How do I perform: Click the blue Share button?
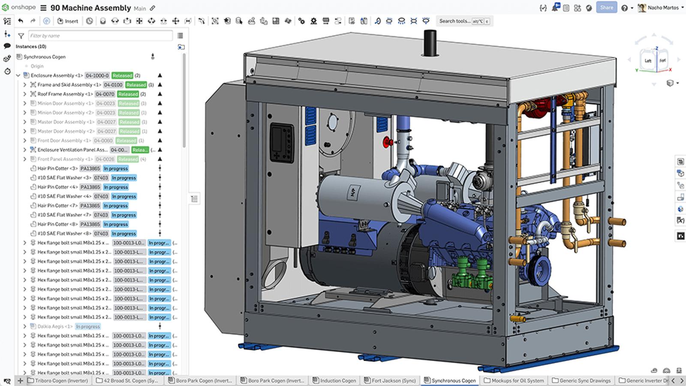coord(606,7)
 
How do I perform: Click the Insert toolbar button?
coord(68,21)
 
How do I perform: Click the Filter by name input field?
coord(100,36)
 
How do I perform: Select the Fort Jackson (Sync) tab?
coord(390,380)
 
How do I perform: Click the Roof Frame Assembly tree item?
coord(64,94)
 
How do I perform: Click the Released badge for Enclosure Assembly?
coord(122,76)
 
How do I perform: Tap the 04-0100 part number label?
coord(113,85)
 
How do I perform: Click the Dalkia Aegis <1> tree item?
coord(55,326)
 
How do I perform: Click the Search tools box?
coord(454,21)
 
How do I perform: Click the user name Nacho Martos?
coord(663,8)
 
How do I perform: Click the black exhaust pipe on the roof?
coord(430,43)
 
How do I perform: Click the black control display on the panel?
coord(282,143)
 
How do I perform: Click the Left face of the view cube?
coord(648,61)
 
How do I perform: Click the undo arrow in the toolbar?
coord(21,21)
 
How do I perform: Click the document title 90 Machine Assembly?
coord(90,8)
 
